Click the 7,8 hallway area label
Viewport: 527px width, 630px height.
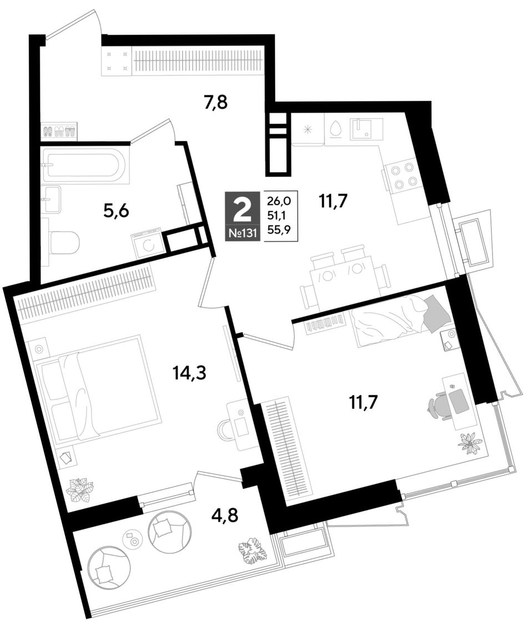[216, 103]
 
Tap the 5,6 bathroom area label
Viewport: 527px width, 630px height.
[116, 210]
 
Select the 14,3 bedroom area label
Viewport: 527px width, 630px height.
[189, 373]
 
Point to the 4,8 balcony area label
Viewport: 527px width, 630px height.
[225, 515]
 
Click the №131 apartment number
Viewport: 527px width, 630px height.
[242, 234]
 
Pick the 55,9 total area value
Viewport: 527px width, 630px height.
[281, 230]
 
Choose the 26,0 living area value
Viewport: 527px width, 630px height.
[281, 199]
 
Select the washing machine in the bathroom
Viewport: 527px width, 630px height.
[147, 243]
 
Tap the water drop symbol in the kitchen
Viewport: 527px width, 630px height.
[336, 129]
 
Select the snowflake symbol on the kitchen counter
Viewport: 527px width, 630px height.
[308, 129]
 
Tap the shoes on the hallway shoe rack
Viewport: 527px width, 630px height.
[59, 132]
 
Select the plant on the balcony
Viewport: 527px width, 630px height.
[252, 550]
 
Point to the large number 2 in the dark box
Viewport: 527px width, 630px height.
[242, 209]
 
